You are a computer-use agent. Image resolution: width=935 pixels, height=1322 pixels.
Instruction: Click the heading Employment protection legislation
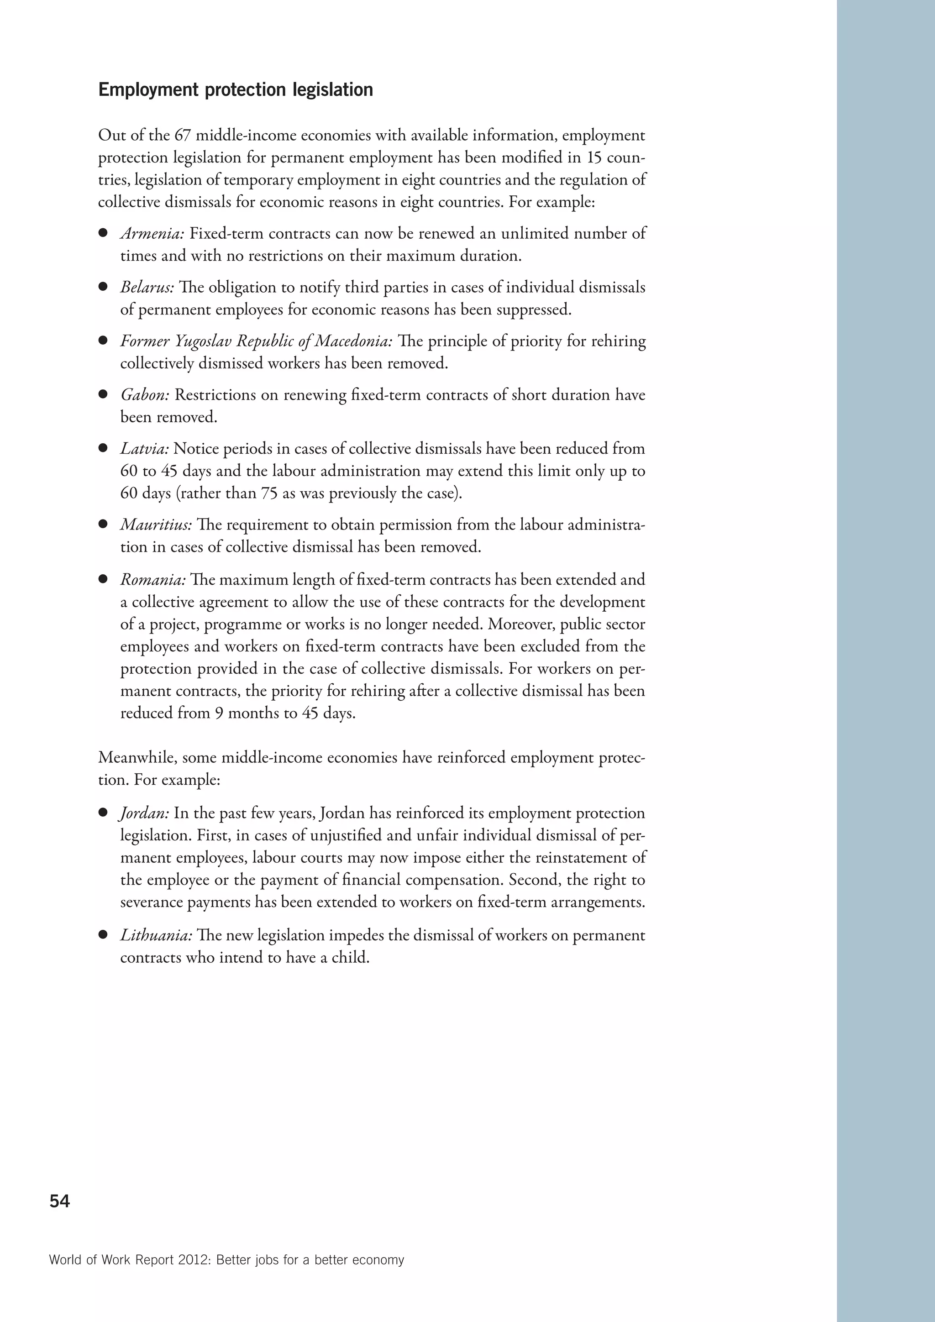point(236,90)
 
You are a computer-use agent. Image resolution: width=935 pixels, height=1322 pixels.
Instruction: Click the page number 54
point(59,1201)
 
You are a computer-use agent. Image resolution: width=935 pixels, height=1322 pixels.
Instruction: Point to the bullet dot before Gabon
point(104,394)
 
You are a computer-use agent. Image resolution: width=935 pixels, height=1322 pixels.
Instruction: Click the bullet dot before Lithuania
point(104,935)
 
